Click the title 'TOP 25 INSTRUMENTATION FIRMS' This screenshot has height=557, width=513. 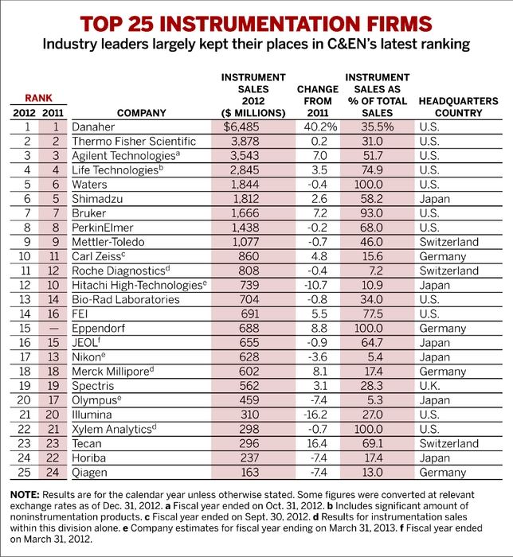tap(256, 24)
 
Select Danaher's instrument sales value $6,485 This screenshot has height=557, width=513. tap(241, 127)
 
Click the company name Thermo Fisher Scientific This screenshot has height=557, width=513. tap(134, 142)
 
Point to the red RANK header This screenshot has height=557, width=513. tap(38, 98)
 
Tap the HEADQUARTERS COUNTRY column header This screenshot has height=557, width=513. tap(458, 107)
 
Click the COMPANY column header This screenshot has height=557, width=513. tap(142, 113)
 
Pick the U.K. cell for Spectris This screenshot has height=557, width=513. tap(429, 386)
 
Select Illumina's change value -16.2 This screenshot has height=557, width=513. tap(315, 415)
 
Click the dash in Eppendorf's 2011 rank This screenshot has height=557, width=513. tap(53, 329)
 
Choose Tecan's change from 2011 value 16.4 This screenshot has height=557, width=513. tap(316, 443)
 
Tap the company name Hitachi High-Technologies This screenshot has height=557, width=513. tap(137, 285)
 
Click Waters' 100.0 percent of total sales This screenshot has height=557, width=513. tap(369, 185)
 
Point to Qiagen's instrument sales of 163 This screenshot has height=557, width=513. tap(249, 472)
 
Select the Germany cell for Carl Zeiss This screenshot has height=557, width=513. tap(443, 256)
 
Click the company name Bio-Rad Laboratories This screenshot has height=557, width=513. tap(126, 299)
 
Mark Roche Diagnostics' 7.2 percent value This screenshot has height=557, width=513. tap(374, 271)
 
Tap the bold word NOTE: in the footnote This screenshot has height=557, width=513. tap(25, 495)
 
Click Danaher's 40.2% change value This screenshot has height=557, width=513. tap(320, 127)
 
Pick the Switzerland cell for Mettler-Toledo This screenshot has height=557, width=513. tap(449, 242)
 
